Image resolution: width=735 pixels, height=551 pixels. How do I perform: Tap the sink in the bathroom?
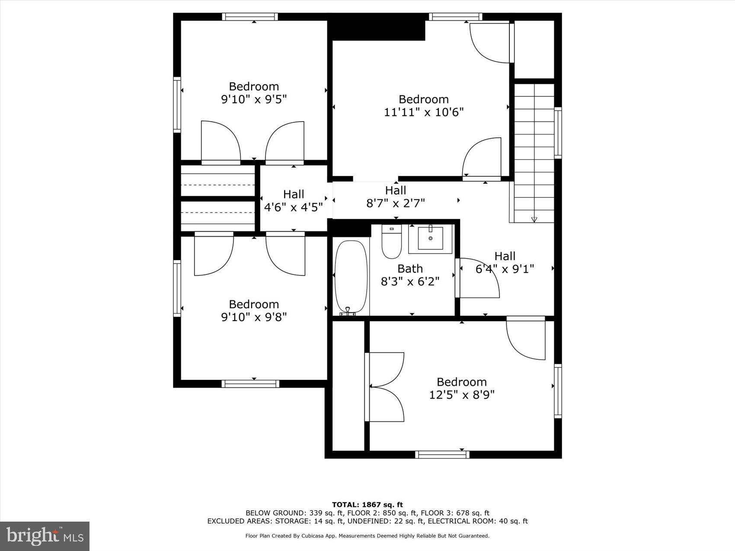430,239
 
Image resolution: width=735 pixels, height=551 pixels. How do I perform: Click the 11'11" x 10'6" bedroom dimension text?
424,112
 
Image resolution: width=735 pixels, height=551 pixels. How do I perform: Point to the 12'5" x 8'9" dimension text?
462,395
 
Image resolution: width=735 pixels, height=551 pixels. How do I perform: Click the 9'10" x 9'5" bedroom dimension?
254,99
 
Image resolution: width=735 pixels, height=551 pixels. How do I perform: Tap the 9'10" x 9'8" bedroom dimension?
254,317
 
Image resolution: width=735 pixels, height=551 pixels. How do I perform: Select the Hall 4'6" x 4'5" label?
294,201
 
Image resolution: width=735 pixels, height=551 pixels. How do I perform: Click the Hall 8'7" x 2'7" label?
396,197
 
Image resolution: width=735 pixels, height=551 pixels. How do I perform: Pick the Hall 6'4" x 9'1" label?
505,263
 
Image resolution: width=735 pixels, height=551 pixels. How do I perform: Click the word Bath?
410,269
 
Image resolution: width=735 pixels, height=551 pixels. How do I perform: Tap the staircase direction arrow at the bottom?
534,220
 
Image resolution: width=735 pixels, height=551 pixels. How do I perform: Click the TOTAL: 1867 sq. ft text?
367,504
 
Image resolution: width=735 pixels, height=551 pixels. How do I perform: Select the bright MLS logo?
45,536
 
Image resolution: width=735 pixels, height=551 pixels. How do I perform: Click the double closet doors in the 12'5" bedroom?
385,387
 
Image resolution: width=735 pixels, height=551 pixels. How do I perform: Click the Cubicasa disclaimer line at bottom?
367,536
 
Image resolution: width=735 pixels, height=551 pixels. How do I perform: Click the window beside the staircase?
558,133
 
